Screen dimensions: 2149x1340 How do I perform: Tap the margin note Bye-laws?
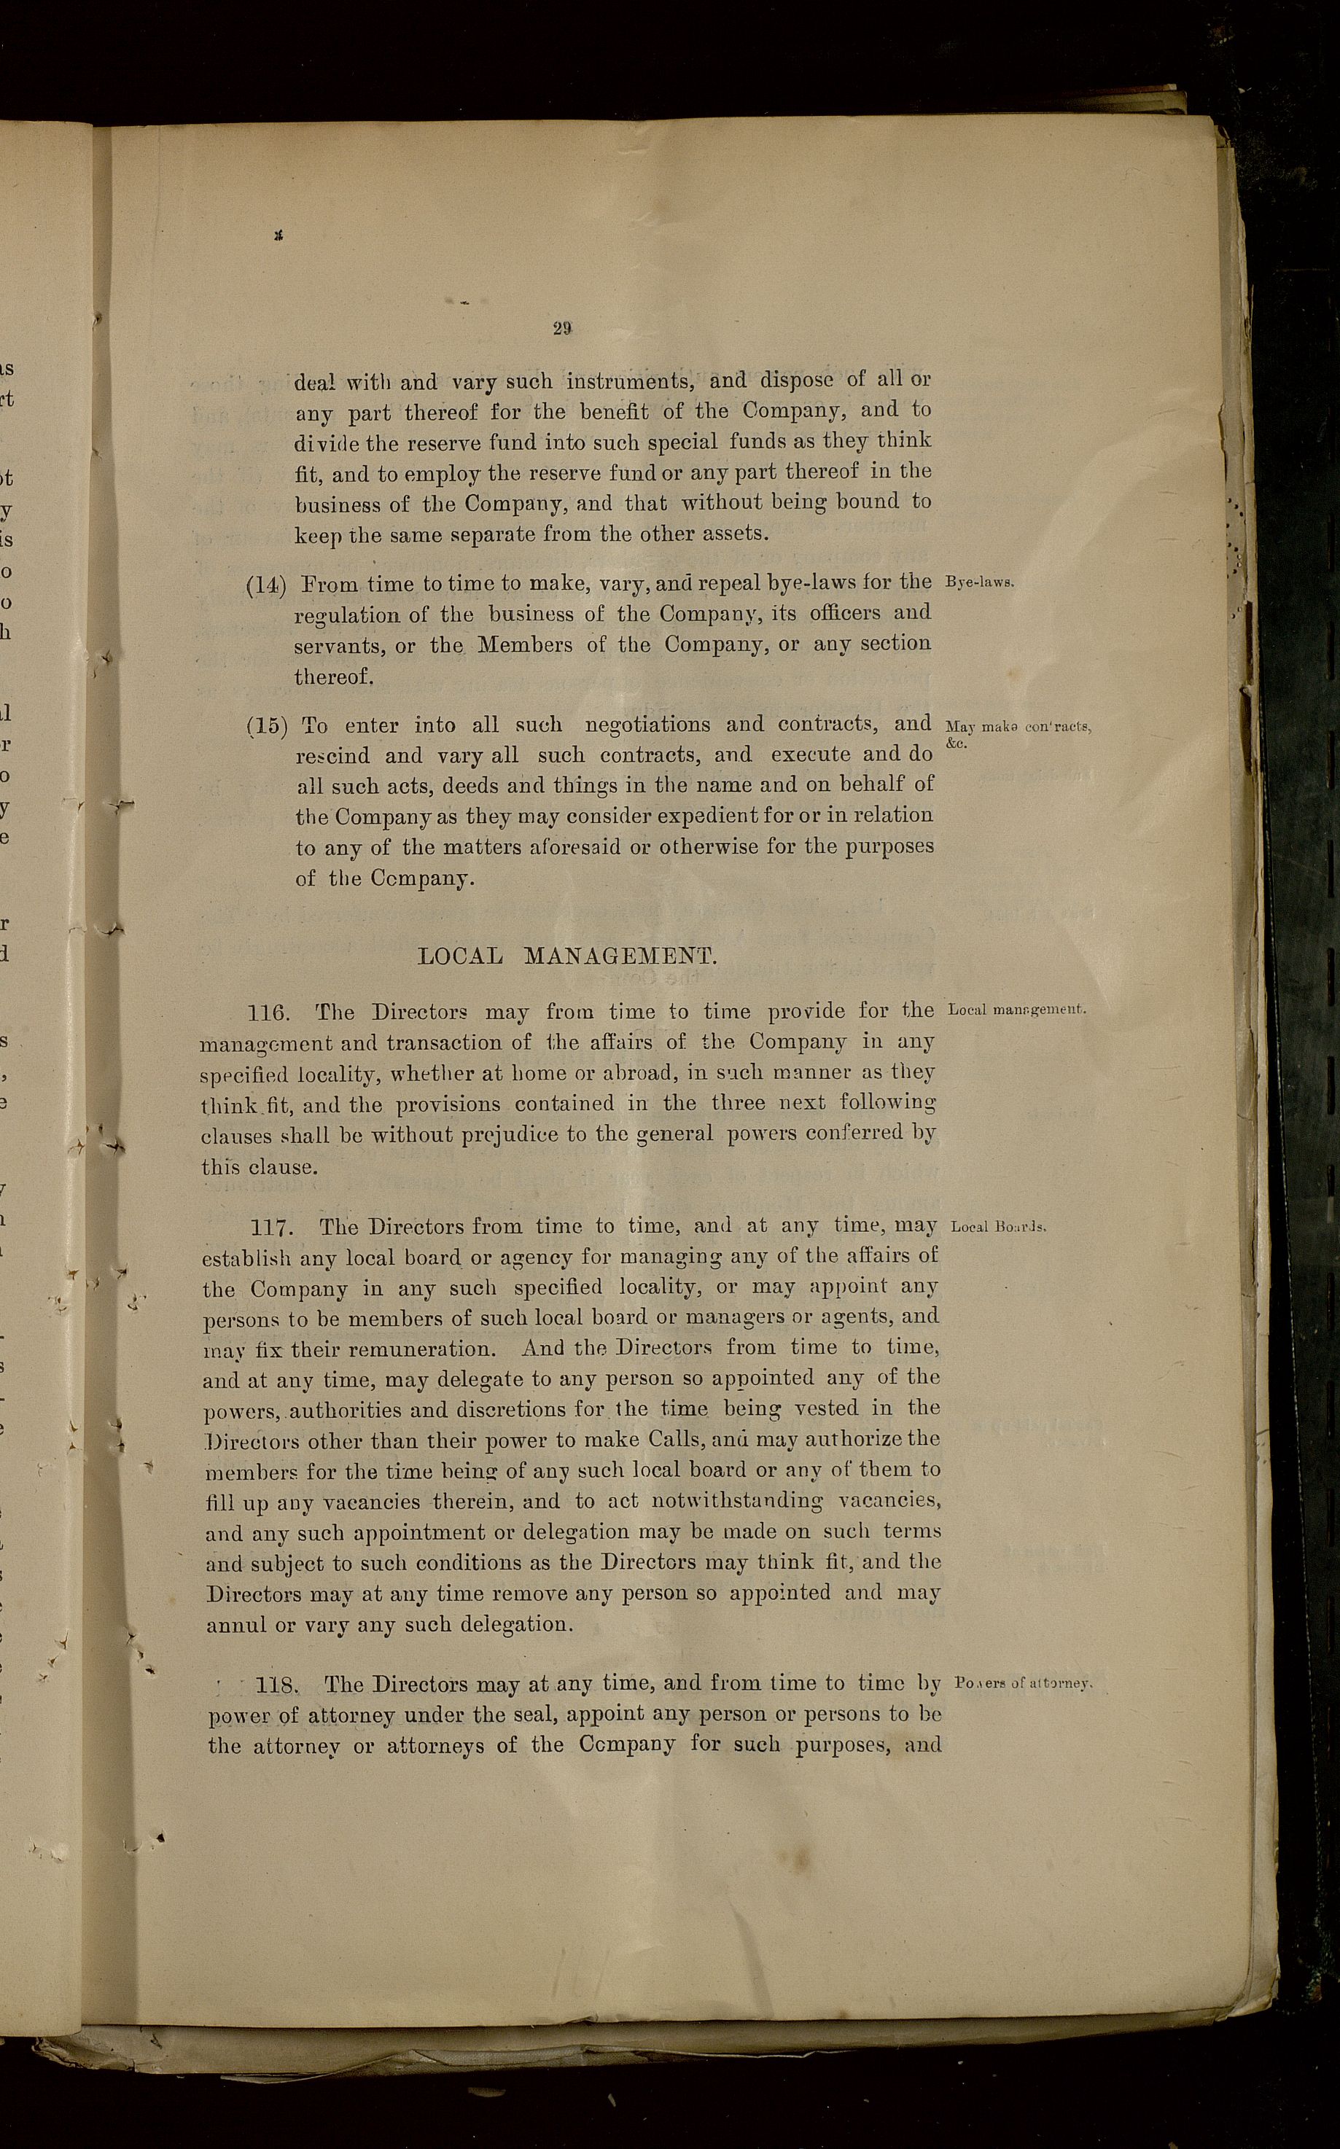pos(979,583)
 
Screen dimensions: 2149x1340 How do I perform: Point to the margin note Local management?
pos(1016,1010)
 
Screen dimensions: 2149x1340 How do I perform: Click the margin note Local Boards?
pos(999,1228)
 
